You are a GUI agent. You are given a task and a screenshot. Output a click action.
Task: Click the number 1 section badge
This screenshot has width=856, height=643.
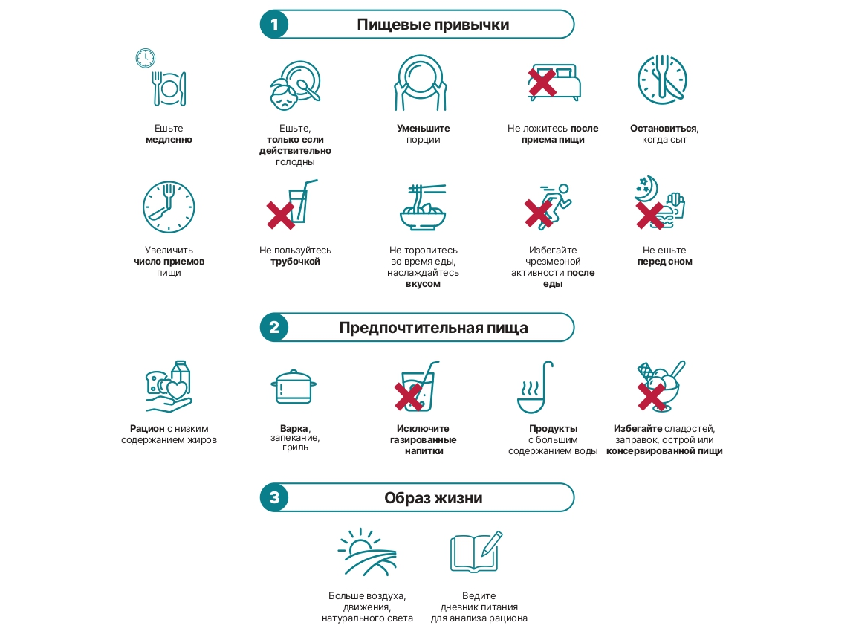click(x=274, y=25)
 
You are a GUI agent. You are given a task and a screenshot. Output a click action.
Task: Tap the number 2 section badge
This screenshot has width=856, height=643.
click(x=274, y=327)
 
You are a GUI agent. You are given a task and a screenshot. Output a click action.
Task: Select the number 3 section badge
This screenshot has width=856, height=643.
click(x=274, y=497)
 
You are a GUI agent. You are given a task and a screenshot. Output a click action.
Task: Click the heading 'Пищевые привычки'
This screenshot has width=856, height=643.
click(x=433, y=25)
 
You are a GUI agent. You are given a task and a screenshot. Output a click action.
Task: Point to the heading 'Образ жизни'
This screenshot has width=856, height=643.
click(x=433, y=498)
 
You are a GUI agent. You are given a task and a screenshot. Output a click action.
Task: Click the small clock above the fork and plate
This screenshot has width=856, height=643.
click(x=145, y=58)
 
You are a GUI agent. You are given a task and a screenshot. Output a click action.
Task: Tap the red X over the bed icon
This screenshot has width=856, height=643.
click(x=542, y=83)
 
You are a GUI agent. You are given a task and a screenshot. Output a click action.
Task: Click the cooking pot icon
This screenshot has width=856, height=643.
click(x=294, y=387)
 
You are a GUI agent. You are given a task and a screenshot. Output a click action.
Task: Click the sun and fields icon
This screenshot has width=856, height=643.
click(x=367, y=552)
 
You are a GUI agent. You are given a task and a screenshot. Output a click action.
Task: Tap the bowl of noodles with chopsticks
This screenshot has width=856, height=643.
click(x=423, y=207)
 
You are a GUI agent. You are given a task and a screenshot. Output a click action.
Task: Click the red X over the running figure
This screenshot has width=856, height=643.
click(x=538, y=213)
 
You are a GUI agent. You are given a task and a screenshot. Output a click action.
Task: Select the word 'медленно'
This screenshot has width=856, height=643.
click(x=169, y=140)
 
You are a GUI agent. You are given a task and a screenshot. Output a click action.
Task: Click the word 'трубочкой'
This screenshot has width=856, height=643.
click(x=295, y=262)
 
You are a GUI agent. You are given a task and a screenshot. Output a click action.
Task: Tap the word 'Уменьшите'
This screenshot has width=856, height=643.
click(x=423, y=129)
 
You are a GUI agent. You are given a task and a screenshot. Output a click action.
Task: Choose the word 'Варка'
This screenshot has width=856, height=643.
click(x=294, y=428)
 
